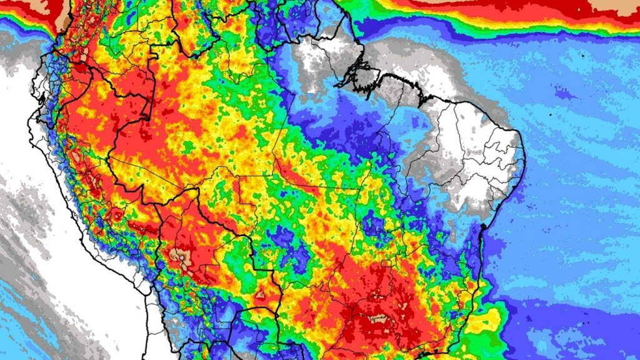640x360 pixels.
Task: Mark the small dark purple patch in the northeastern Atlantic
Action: pos(562,94)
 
